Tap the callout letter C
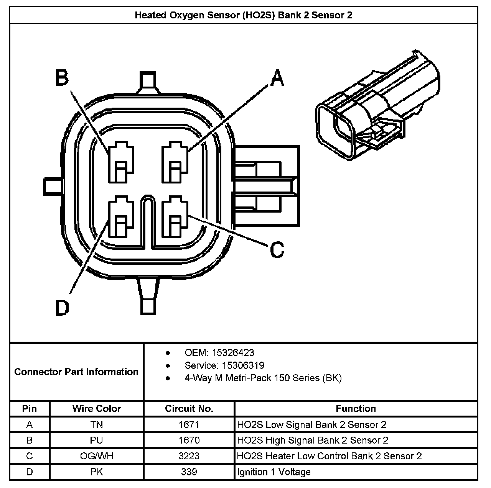tap(277, 249)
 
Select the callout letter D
tap(62, 308)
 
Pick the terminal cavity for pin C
tap(175, 218)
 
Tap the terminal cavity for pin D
tap(121, 218)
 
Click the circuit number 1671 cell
tap(189, 424)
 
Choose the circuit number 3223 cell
tap(189, 456)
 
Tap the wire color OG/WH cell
tap(96, 456)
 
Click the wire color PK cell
tap(96, 472)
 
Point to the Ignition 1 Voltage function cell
tap(274, 472)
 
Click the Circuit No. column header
tap(189, 408)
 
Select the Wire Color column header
tap(96, 408)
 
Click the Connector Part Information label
tap(76, 372)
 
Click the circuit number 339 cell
tap(189, 472)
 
